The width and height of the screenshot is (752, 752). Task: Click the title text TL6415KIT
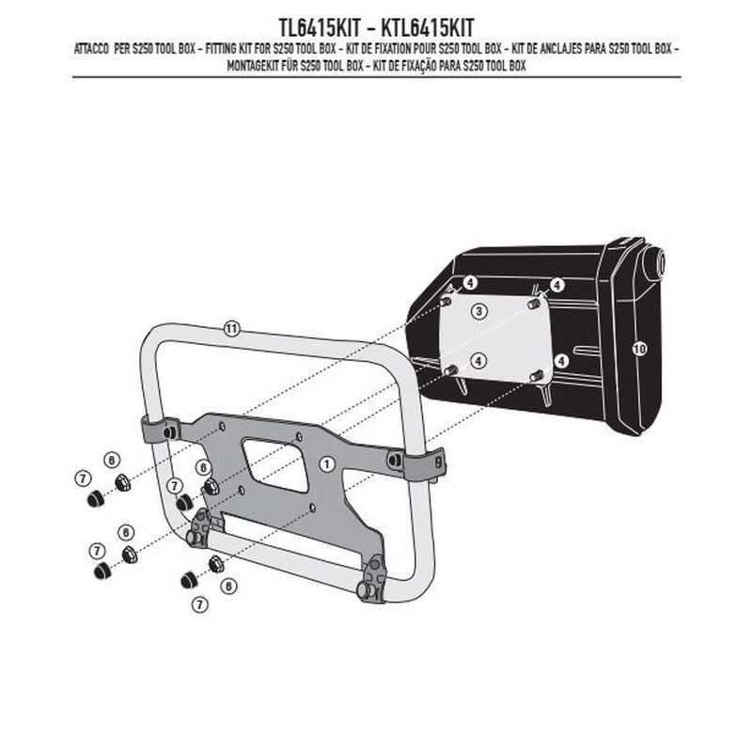319,28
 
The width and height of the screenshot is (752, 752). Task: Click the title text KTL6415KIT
428,28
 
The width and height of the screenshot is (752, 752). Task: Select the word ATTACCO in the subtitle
91,50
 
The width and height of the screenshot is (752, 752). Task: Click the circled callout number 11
231,329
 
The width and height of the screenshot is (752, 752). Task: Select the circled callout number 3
479,311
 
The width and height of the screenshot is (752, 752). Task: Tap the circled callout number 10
639,349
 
